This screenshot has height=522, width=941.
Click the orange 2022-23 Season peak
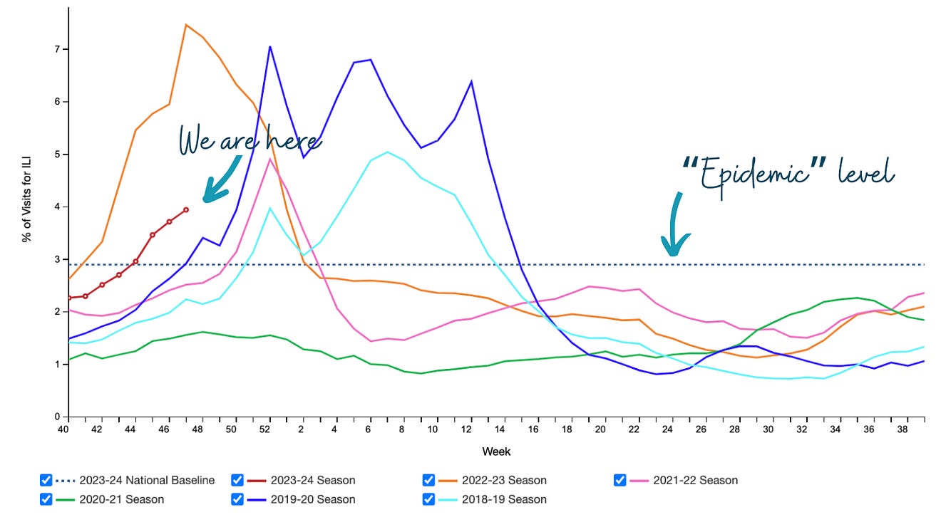click(185, 25)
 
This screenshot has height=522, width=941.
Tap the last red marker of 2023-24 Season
click(186, 209)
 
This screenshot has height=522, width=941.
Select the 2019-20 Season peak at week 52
click(270, 47)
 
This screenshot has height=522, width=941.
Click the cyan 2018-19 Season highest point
click(387, 152)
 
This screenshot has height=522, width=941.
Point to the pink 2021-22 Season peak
click(270, 159)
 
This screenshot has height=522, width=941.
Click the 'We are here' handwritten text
click(249, 140)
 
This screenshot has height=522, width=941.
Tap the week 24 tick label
click(667, 430)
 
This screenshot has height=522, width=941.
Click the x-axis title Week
click(496, 451)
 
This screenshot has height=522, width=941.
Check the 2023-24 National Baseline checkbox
click(46, 480)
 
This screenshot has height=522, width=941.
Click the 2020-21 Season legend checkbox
click(46, 499)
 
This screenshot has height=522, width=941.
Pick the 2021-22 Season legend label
click(696, 480)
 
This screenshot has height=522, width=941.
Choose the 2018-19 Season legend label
click(505, 499)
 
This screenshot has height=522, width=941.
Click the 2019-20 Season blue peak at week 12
click(471, 81)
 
